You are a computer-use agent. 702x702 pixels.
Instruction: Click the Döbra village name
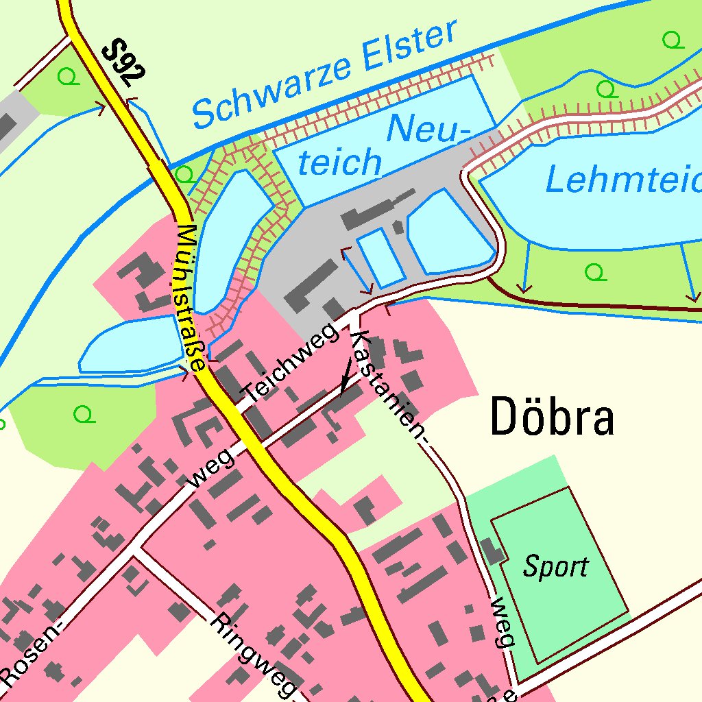point(552,418)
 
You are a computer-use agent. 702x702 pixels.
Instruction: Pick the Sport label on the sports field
point(555,567)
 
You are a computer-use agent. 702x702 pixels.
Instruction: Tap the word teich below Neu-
point(341,163)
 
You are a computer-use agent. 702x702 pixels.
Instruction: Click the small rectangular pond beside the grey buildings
point(380,257)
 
